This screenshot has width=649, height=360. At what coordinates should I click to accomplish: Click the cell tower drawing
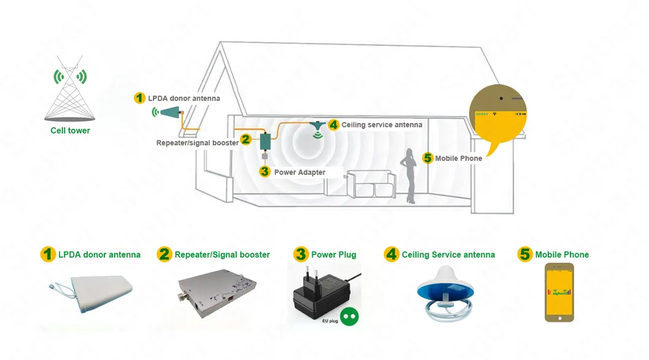[x=69, y=92]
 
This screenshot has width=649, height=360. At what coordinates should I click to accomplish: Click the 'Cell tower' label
[x=70, y=131]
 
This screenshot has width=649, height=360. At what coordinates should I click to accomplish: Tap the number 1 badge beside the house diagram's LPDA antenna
[x=140, y=98]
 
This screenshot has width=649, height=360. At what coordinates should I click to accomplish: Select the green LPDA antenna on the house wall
[x=168, y=112]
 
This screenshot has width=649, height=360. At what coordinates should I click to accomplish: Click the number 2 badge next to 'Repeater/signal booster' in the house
[x=245, y=140]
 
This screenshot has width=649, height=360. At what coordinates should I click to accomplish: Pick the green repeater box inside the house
[x=266, y=141]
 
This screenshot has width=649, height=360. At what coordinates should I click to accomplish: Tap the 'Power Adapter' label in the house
[x=299, y=172]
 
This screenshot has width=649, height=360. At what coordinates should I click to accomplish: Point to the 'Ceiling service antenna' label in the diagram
[x=382, y=124]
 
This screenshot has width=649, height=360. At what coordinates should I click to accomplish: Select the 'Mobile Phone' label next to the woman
[x=458, y=158]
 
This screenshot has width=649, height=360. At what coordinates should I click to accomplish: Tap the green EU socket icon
[x=348, y=315]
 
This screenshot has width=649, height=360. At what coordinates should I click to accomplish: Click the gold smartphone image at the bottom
[x=559, y=292]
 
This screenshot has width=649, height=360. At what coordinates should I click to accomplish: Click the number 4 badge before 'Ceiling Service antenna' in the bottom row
[x=391, y=254]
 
